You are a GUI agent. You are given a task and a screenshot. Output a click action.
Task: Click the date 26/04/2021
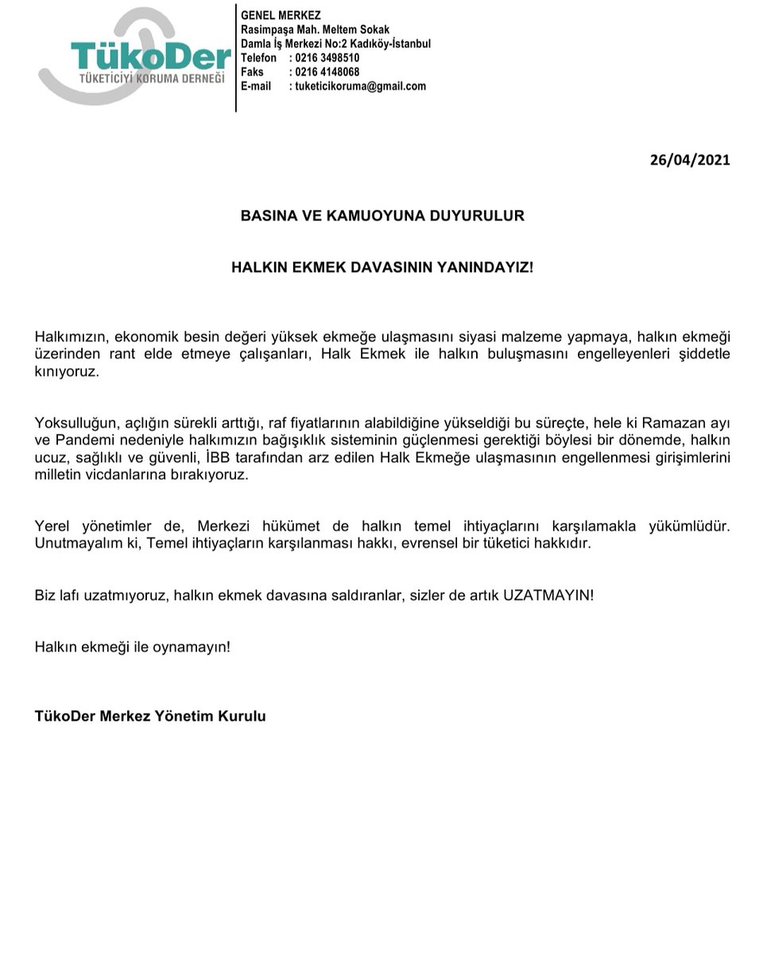click(689, 159)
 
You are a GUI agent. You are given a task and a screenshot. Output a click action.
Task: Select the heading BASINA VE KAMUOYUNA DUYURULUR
click(382, 215)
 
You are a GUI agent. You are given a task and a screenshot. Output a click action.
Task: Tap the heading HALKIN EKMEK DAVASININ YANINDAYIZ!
click(382, 267)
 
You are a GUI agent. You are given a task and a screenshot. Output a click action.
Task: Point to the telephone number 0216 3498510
click(327, 58)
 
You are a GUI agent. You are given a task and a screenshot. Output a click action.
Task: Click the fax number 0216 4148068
click(327, 72)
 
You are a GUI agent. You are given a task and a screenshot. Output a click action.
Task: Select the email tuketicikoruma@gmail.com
click(361, 87)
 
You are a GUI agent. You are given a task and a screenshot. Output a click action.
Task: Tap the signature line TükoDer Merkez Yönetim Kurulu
click(150, 715)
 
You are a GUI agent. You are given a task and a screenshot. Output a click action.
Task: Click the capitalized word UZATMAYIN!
click(548, 595)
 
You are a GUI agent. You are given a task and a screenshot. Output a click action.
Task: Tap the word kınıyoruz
click(68, 371)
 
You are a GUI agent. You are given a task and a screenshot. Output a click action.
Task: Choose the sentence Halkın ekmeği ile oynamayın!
click(133, 646)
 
